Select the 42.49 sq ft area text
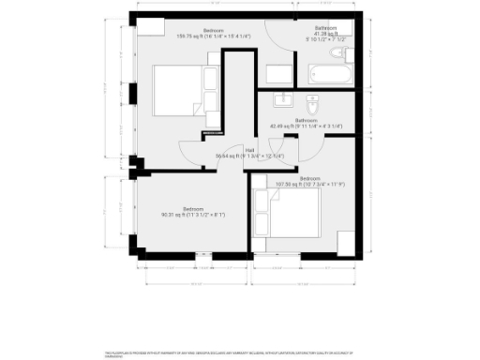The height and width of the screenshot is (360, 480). [x=306, y=126]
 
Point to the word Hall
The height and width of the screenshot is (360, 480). [x=249, y=150]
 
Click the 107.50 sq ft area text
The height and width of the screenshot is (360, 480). [x=310, y=184]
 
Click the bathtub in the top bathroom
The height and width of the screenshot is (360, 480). [x=330, y=73]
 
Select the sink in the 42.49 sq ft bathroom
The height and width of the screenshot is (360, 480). [x=281, y=100]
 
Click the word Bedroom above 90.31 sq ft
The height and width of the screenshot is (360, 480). [x=194, y=208]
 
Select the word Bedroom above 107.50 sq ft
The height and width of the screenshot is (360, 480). [x=310, y=178]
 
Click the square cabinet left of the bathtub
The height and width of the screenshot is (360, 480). [x=279, y=74]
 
